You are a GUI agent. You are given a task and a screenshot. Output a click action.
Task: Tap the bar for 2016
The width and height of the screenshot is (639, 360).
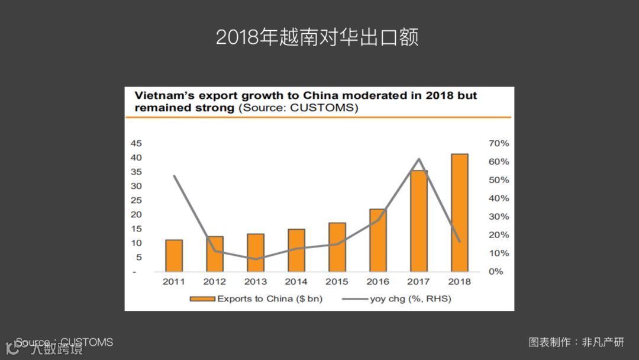point(378,240)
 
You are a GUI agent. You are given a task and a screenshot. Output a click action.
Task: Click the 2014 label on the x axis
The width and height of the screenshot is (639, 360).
point(296,281)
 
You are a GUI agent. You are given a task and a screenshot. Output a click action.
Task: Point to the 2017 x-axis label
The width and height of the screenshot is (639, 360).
point(419,281)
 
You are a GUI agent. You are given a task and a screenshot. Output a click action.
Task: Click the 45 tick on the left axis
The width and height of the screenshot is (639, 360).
point(136,143)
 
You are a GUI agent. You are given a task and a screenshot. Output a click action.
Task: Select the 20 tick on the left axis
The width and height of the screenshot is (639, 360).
point(136,214)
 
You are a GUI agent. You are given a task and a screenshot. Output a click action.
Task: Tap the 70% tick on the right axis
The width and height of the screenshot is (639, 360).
point(499,143)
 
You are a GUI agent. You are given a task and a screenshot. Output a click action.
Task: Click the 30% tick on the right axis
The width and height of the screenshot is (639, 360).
point(499,217)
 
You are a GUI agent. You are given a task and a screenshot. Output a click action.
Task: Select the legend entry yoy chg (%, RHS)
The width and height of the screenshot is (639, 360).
point(410,298)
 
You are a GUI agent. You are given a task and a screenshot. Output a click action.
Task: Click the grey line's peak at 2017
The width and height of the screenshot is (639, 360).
point(419,159)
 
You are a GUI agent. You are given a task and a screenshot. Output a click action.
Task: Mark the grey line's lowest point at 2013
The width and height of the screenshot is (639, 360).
point(256,259)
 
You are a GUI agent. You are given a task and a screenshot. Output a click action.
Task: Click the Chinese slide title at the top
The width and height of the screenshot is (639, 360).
point(317,37)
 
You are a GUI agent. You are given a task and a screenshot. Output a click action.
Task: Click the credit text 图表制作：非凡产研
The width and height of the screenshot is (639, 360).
point(576,342)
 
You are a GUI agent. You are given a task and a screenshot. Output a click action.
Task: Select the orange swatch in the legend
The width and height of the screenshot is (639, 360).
point(202,299)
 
